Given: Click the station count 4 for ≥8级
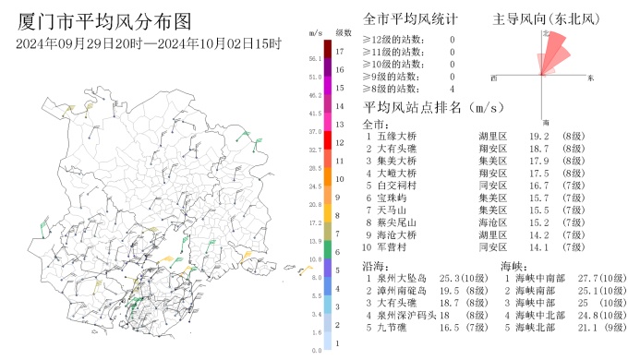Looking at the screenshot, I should [x=452, y=89].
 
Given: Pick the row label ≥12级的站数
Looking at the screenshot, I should [x=395, y=40].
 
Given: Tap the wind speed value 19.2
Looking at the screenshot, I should [x=540, y=136].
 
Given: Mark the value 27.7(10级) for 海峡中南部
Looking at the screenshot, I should [x=599, y=278].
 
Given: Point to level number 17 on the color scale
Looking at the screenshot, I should [x=340, y=52].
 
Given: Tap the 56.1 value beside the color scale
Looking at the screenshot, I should [x=316, y=60].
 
